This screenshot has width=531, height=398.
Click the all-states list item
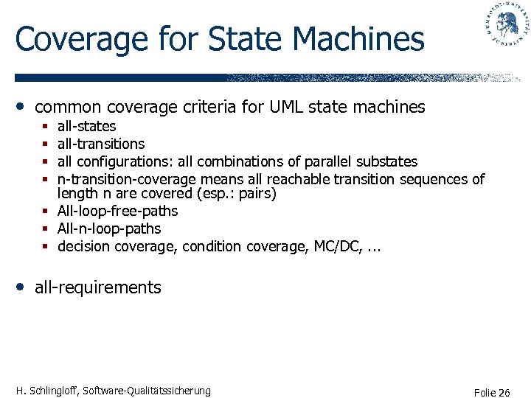pyautogui.click(x=86, y=126)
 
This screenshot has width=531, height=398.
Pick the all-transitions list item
pyautogui.click(x=101, y=144)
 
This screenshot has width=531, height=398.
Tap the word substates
pyautogui.click(x=386, y=161)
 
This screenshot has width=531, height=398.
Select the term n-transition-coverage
pyautogui.click(x=126, y=179)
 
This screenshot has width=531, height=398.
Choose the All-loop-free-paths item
pyautogui.click(x=117, y=212)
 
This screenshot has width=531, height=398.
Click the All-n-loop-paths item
pyautogui.click(x=108, y=228)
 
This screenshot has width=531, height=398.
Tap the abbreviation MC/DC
pyautogui.click(x=336, y=246)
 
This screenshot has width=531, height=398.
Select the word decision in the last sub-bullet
pyautogui.click(x=83, y=246)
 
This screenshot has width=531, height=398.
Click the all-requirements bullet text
pyautogui.click(x=97, y=287)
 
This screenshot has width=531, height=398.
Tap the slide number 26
pyautogui.click(x=504, y=392)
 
